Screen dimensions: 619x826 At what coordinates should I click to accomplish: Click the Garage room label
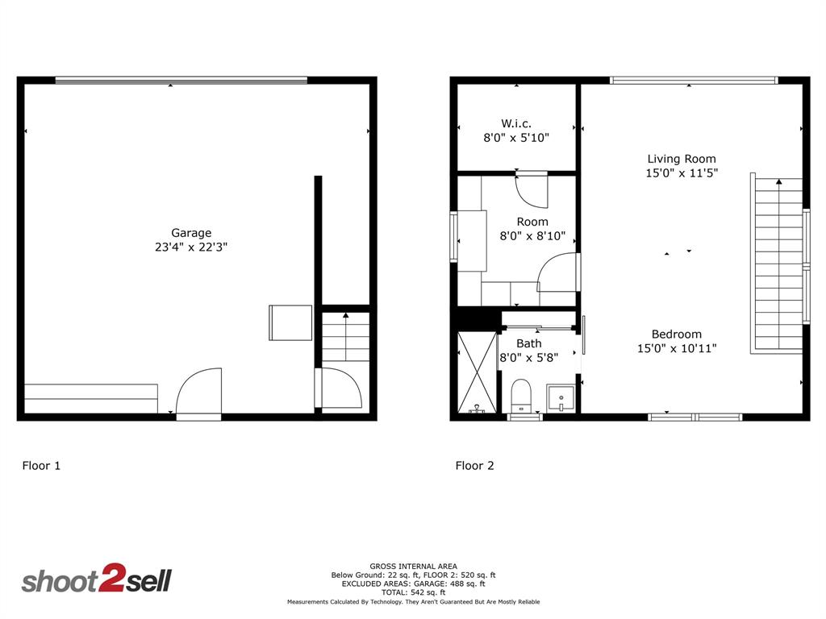point(191,233)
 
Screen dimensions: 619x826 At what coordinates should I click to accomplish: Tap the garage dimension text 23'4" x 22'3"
point(191,248)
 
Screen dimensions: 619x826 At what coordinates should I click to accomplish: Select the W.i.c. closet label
point(516,123)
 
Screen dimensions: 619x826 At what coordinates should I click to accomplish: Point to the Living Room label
point(682,159)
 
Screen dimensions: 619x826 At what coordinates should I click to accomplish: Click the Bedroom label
point(677,334)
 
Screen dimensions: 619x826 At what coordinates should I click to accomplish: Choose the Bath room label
point(529,343)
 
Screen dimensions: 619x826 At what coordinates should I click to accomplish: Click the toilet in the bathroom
point(521,395)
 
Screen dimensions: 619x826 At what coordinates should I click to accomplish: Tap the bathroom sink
point(561,397)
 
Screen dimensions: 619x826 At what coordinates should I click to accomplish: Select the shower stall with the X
point(476,372)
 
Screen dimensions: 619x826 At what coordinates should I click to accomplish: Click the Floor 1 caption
point(40,465)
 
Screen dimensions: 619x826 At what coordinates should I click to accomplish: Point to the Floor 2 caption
point(475,465)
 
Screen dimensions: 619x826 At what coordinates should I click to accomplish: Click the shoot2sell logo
point(96,580)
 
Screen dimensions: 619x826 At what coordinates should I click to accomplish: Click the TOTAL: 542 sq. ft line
point(413,592)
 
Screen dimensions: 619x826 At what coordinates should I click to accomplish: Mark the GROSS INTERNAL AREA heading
point(413,566)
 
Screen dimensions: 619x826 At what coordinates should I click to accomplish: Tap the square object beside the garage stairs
point(290,322)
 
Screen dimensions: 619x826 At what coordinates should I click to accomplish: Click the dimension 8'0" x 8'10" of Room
point(532,236)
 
